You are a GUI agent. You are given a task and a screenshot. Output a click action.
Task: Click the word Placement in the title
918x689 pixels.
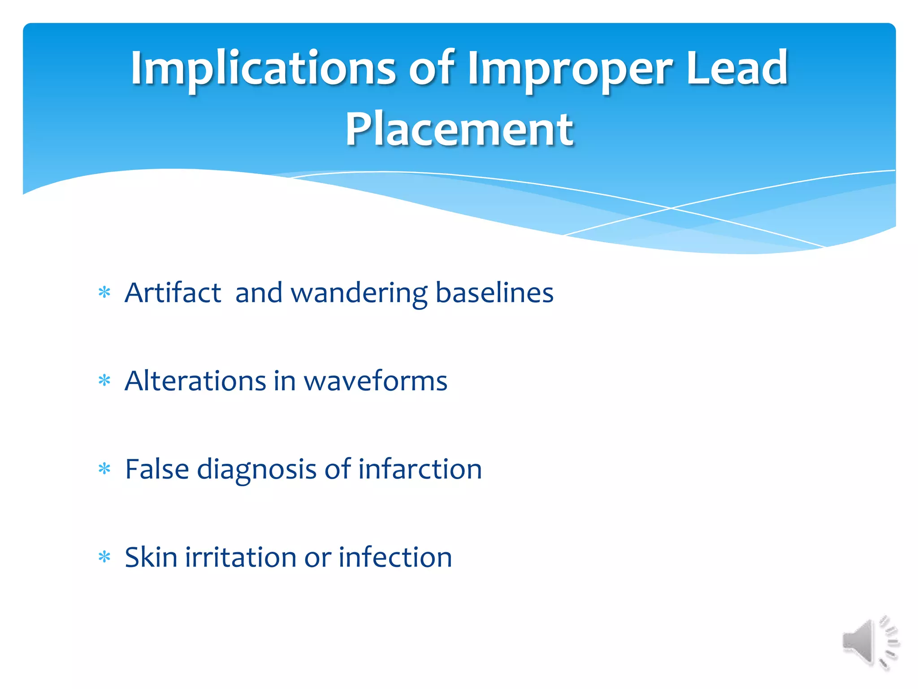pos(459,130)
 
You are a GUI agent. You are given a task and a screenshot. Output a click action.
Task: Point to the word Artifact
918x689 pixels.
pos(173,293)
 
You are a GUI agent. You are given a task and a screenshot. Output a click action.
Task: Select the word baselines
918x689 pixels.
pos(494,293)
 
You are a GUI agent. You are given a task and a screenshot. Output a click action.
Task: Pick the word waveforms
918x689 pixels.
pos(375,381)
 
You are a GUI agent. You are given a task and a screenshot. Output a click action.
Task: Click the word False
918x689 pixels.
pos(157,469)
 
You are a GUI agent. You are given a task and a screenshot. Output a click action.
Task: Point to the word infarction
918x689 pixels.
pos(420,469)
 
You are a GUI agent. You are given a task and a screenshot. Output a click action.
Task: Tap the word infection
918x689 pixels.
pos(395,557)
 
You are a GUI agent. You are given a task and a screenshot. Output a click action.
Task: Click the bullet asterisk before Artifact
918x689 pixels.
pos(104,293)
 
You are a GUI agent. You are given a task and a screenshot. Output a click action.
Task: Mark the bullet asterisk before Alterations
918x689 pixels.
pos(104,381)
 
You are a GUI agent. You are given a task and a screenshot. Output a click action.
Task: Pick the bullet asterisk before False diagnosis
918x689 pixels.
pos(104,469)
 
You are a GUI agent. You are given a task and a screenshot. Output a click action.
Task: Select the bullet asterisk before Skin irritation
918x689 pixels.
pos(104,557)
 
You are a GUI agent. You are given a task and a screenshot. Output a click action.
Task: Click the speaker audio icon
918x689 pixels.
pos(870,642)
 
